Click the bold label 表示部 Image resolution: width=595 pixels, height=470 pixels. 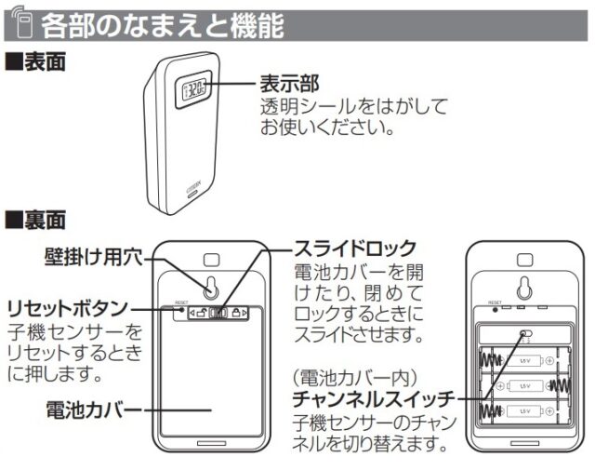tap(291, 85)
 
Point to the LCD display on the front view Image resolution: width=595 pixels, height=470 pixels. tap(196, 91)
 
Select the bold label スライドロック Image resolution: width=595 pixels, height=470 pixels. tap(354, 249)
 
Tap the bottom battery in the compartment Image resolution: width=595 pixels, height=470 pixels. tap(524, 409)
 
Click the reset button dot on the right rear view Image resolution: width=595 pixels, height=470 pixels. tap(496, 308)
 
